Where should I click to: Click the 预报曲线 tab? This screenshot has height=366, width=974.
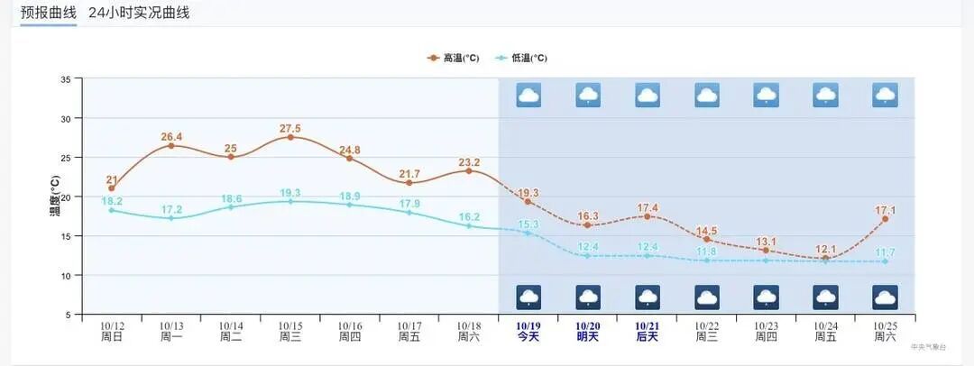point(49,13)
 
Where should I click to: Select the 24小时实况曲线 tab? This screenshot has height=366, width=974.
point(139,13)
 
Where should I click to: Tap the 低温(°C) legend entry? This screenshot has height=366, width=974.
point(522,58)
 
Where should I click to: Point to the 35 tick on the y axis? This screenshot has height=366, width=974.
point(65,79)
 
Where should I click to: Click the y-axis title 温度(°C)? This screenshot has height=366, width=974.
point(54,196)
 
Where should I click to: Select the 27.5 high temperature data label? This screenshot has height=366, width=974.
point(290,128)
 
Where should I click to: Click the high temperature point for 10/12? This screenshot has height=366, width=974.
point(112,188)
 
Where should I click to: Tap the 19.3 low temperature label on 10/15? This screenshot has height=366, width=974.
point(290,193)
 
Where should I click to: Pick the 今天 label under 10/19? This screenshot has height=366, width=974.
point(528,337)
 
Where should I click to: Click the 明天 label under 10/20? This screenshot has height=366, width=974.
point(588,337)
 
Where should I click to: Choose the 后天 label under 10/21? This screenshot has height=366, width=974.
point(647,337)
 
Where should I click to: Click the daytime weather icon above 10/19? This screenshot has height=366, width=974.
point(528,95)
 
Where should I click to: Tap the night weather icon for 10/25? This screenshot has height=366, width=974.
point(885,297)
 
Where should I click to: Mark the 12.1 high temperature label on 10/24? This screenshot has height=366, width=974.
point(825,249)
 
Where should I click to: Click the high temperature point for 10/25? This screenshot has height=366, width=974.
point(885,219)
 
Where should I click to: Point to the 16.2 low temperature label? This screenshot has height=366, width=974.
point(469,217)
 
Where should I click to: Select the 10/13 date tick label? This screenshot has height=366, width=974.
point(171,326)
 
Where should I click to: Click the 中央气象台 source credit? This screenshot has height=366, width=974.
point(928,346)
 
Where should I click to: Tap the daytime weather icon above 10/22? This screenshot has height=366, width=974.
point(707,95)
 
